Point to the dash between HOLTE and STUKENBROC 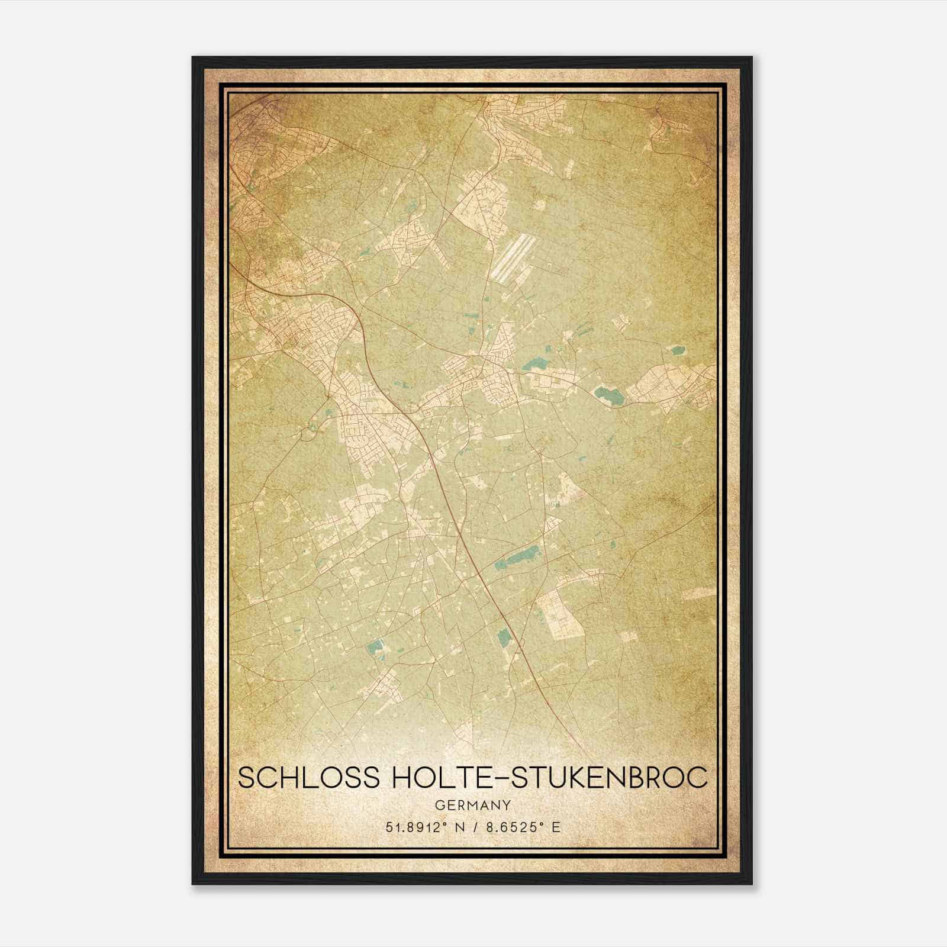(x=498, y=778)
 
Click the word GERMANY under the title (x=472, y=805)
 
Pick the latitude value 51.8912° (x=413, y=827)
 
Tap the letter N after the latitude (x=458, y=827)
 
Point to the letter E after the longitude (x=555, y=827)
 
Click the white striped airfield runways (x=511, y=257)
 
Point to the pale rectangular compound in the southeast (x=557, y=614)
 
